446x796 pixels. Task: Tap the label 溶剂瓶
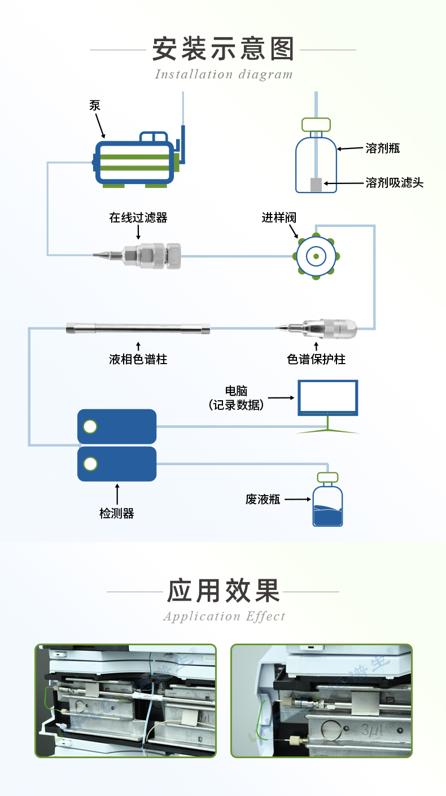383,148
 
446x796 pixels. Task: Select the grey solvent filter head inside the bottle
316,184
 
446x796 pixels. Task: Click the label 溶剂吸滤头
394,183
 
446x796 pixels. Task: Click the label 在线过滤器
138,218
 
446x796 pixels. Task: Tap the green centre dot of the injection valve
316,257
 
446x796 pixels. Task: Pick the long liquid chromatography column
138,328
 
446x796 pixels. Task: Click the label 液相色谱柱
138,359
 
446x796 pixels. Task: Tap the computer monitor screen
328,397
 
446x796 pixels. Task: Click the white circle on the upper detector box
90,427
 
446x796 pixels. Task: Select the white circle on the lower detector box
90,464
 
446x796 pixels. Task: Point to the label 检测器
117,513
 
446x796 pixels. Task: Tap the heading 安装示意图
223,50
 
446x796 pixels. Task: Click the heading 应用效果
223,591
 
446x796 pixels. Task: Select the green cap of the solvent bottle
316,124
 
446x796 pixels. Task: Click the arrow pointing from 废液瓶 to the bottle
298,500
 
